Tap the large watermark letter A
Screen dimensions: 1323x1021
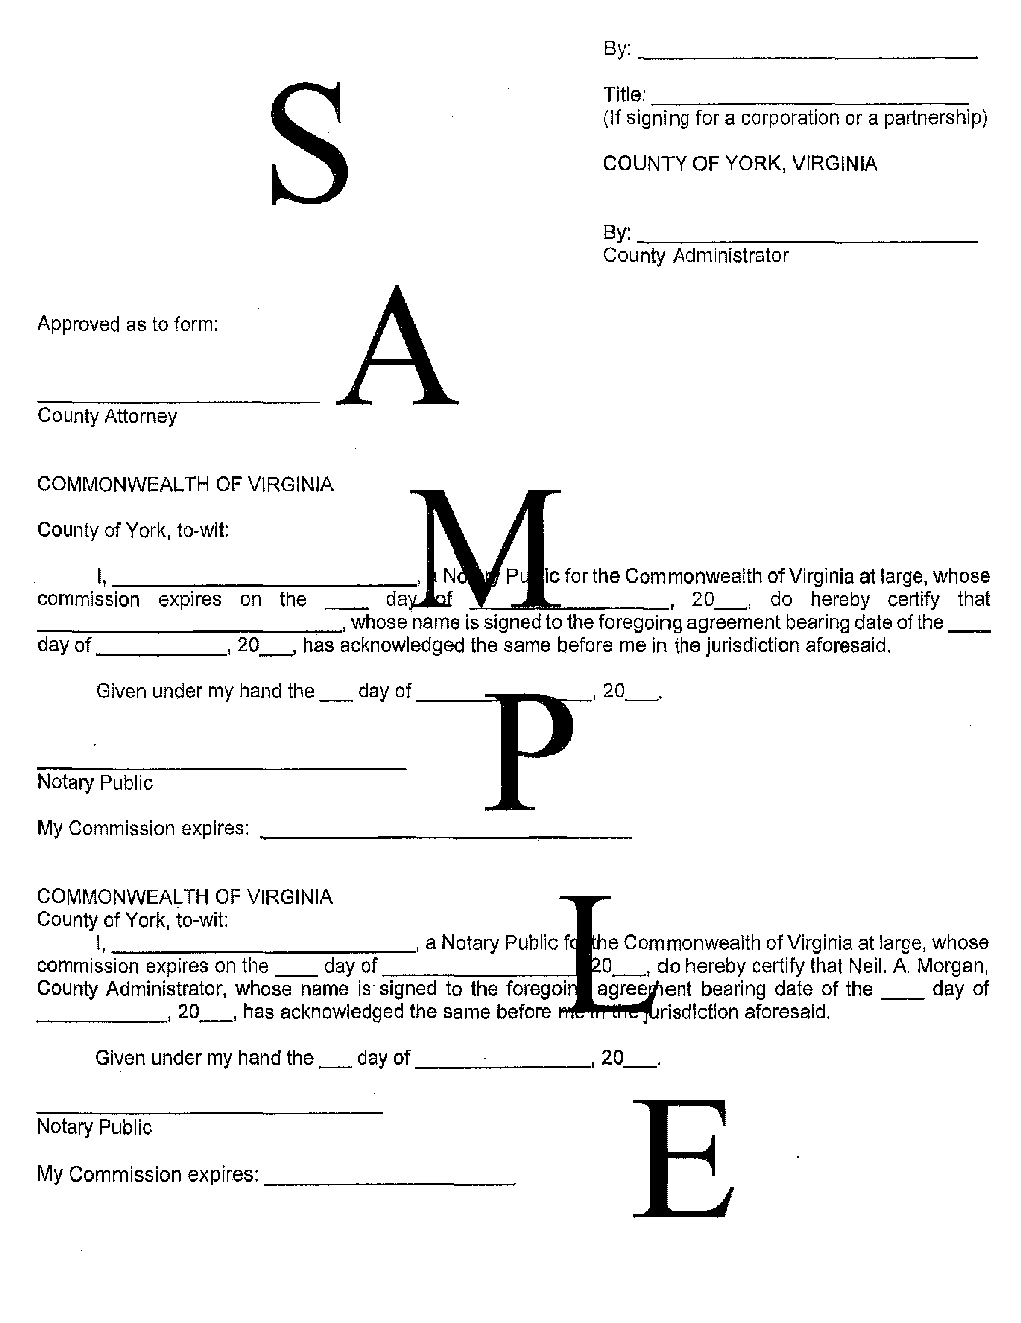tap(397, 348)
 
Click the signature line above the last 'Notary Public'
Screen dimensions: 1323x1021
tap(209, 1112)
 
